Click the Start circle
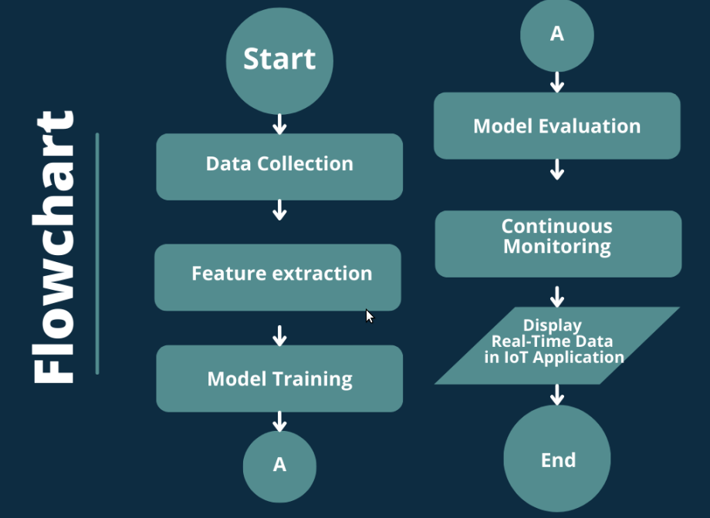click(x=280, y=61)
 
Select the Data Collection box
click(x=279, y=166)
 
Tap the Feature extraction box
click(x=278, y=277)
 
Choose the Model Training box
click(x=279, y=378)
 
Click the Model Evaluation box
click(x=557, y=126)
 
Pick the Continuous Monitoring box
click(x=558, y=244)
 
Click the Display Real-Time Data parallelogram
click(x=557, y=345)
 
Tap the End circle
click(x=557, y=459)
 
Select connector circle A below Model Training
click(x=280, y=466)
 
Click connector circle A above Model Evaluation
click(x=557, y=35)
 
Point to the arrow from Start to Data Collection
click(x=280, y=124)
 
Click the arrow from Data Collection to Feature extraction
click(x=280, y=210)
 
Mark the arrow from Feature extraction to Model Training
click(x=280, y=335)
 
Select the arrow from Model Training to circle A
click(x=280, y=422)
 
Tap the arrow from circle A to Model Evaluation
click(x=557, y=82)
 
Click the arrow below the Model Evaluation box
click(x=557, y=170)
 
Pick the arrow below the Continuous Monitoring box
click(x=557, y=297)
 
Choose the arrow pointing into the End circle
click(x=557, y=395)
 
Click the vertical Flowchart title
click(x=53, y=247)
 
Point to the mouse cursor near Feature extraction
click(x=370, y=316)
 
